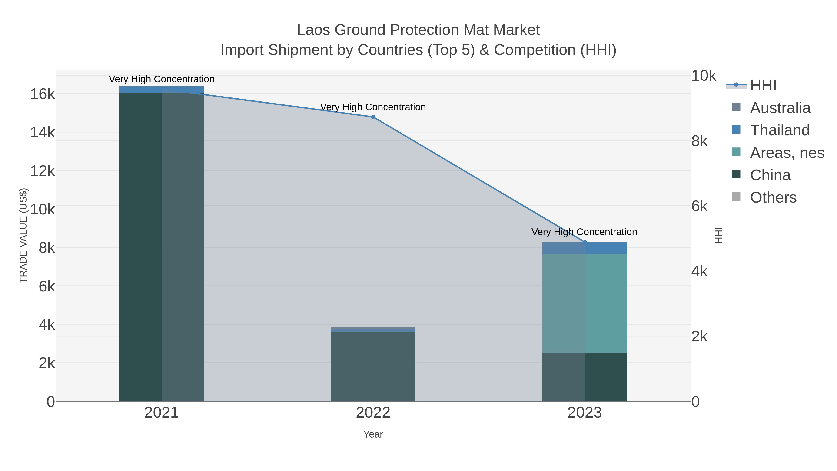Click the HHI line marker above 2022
(x=373, y=117)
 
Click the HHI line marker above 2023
(x=585, y=242)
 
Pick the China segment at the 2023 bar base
(x=585, y=377)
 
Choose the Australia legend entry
(x=780, y=108)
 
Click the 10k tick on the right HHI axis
(x=704, y=76)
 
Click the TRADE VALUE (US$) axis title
(x=23, y=235)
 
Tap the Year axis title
(x=373, y=434)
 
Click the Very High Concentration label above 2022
(x=373, y=107)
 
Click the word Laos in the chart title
(x=314, y=30)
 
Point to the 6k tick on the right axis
(x=699, y=206)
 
